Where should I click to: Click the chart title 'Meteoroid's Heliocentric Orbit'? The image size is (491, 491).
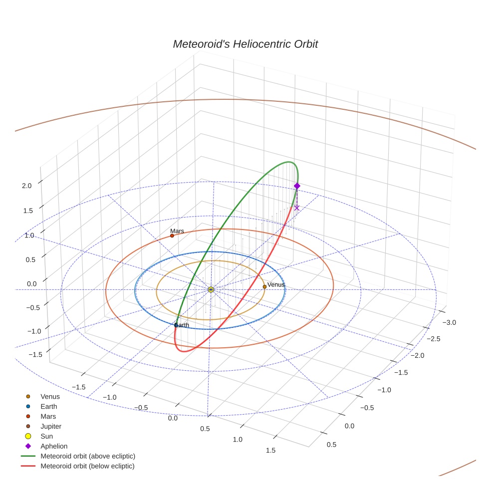(245, 44)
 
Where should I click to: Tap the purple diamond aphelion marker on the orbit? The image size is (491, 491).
(297, 186)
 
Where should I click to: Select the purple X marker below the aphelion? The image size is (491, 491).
(297, 208)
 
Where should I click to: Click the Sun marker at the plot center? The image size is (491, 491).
(211, 289)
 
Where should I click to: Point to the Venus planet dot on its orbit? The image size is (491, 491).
(264, 286)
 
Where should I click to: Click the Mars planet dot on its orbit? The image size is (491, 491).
(172, 236)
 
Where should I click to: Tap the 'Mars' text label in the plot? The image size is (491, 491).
(177, 231)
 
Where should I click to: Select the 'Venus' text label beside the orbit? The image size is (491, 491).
(276, 284)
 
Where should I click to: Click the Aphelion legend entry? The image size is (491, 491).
(54, 446)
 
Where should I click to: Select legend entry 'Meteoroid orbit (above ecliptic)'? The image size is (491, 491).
(88, 456)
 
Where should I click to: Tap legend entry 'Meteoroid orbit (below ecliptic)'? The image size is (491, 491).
(87, 466)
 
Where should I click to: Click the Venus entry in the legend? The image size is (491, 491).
(50, 397)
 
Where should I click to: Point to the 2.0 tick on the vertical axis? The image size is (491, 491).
(26, 186)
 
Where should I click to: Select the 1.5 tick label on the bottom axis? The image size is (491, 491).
(270, 450)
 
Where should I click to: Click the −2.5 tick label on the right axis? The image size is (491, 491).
(434, 339)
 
